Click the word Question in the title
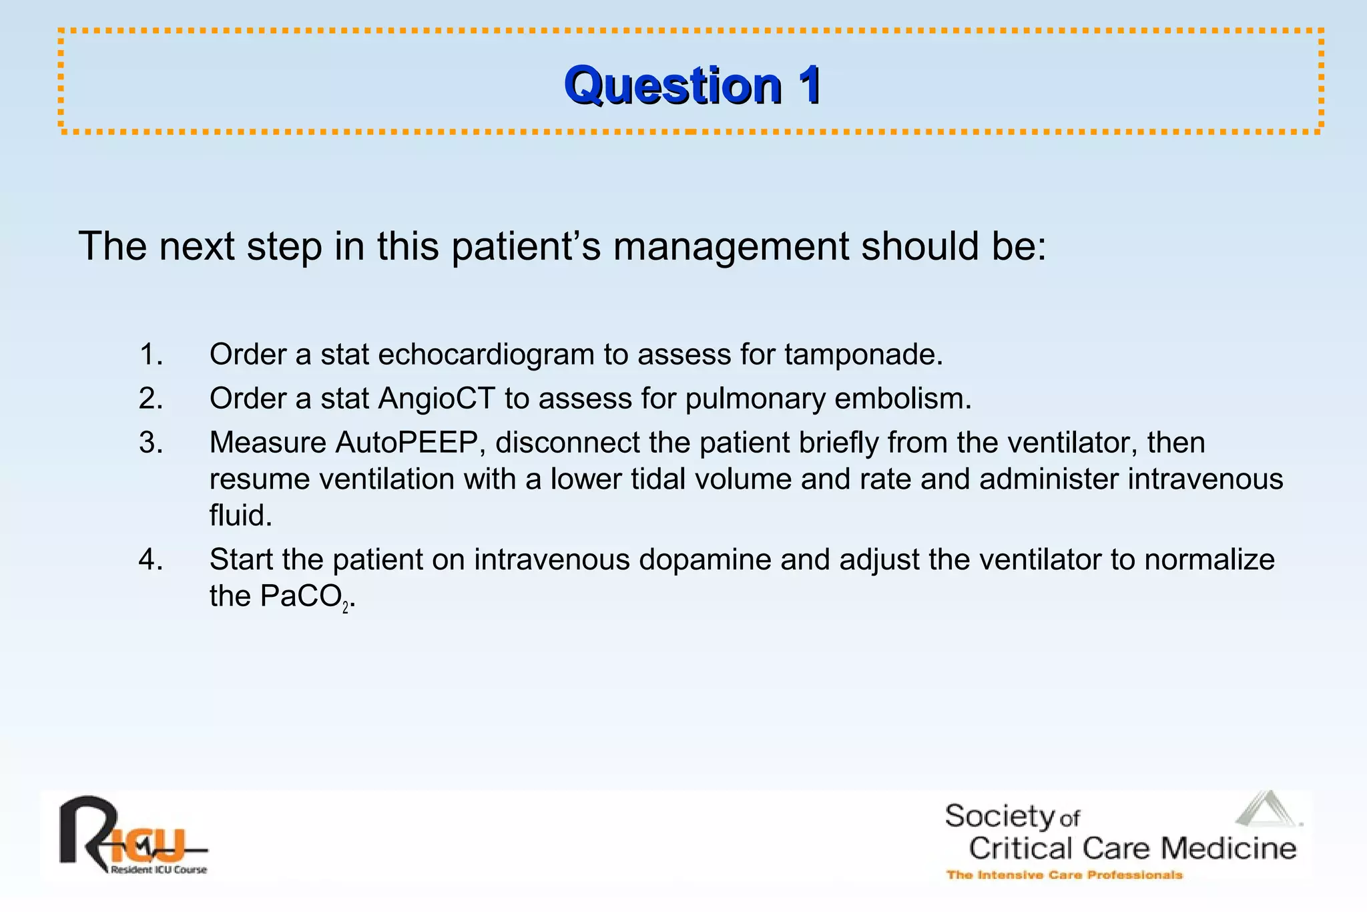(672, 85)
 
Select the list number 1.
(151, 354)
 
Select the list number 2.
(151, 399)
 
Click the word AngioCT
(437, 399)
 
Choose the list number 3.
(151, 443)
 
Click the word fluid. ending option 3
(241, 515)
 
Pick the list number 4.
(151, 559)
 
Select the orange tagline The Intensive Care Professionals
(1064, 875)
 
